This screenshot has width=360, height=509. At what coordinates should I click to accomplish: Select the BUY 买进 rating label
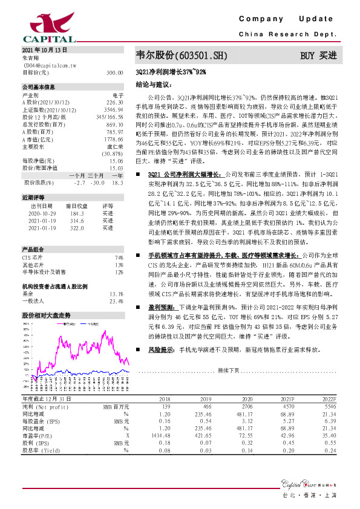tap(318, 56)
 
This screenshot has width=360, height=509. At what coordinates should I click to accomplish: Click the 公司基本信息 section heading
tap(38, 87)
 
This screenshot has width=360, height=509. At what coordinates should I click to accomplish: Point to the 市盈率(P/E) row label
tap(38, 435)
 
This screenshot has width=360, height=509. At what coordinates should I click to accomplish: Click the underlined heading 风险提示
tap(160, 349)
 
